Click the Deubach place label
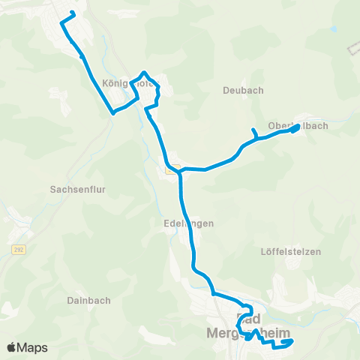[x=243, y=90]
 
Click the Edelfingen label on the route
[x=188, y=223]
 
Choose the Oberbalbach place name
[x=298, y=126]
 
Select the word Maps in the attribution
[x=33, y=347]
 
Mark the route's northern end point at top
[x=73, y=13]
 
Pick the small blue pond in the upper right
[x=333, y=31]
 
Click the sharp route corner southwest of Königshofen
[x=113, y=112]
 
